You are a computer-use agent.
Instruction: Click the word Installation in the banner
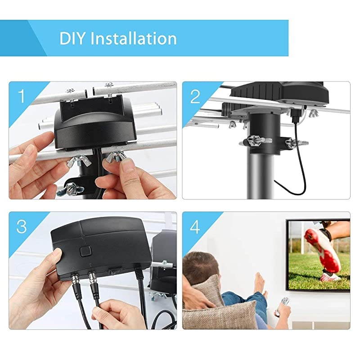pyautogui.click(x=134, y=38)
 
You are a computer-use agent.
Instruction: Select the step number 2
pyautogui.click(x=194, y=96)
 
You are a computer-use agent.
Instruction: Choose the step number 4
pyautogui.click(x=194, y=226)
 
